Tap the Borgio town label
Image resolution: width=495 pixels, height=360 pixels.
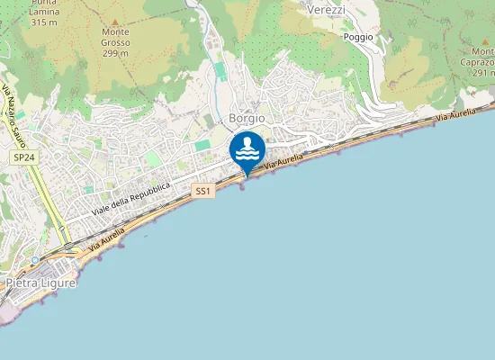click(247, 118)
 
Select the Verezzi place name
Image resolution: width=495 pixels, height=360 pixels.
click(326, 8)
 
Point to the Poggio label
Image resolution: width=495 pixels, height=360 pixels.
click(358, 37)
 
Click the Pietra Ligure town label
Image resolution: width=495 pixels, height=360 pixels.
click(40, 283)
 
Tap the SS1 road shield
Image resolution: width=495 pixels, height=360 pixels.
click(203, 192)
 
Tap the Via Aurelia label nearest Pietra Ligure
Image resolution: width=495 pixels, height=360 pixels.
click(106, 238)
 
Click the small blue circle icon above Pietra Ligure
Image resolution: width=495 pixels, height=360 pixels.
click(34, 260)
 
